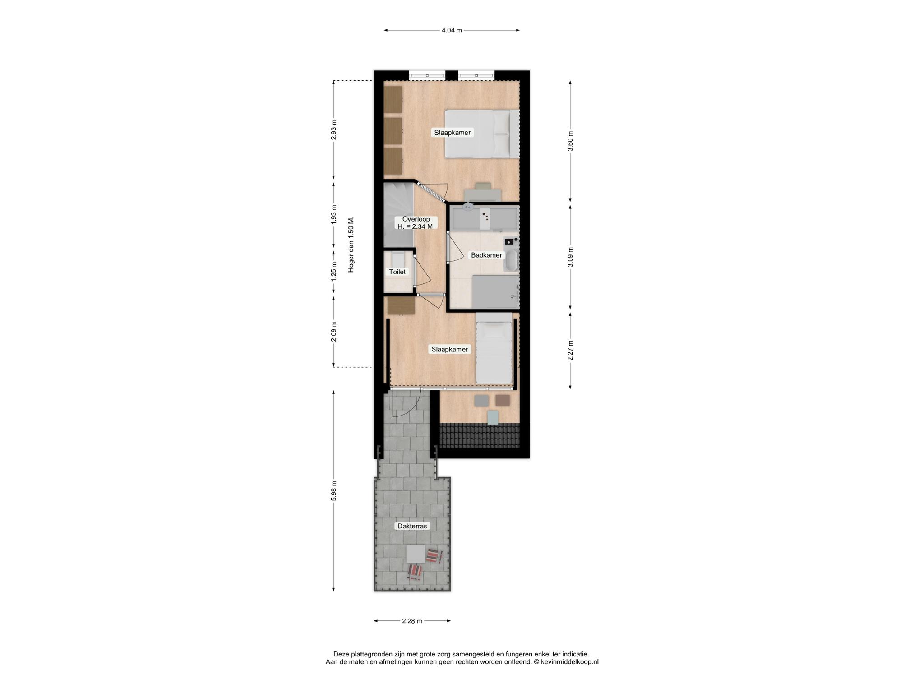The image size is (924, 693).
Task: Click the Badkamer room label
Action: click(x=486, y=255)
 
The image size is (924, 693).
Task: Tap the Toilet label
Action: click(x=397, y=272)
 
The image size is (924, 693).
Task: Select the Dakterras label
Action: click(x=412, y=526)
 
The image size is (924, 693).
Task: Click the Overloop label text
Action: click(x=416, y=219)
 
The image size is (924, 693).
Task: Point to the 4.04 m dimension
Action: click(x=452, y=30)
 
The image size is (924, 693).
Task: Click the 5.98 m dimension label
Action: click(x=333, y=490)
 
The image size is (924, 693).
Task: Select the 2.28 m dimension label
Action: click(x=412, y=621)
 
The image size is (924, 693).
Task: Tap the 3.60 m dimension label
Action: click(x=570, y=141)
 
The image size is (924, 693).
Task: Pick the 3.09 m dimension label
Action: click(x=570, y=257)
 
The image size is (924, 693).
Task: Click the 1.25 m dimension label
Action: click(x=333, y=272)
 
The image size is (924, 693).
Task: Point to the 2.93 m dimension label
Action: click(x=333, y=129)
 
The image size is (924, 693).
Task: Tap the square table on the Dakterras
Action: click(x=415, y=554)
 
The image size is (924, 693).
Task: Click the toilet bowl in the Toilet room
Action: click(x=398, y=260)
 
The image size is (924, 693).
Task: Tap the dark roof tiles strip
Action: click(x=480, y=435)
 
